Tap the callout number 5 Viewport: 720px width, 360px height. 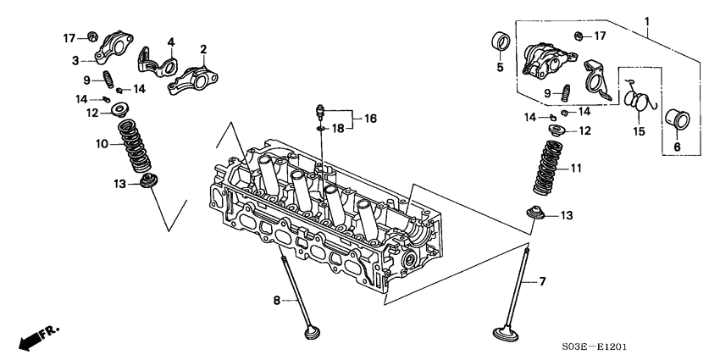[500, 67]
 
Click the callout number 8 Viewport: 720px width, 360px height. [276, 300]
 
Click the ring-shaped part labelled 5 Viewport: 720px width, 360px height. [500, 42]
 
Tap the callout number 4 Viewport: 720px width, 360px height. [169, 42]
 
